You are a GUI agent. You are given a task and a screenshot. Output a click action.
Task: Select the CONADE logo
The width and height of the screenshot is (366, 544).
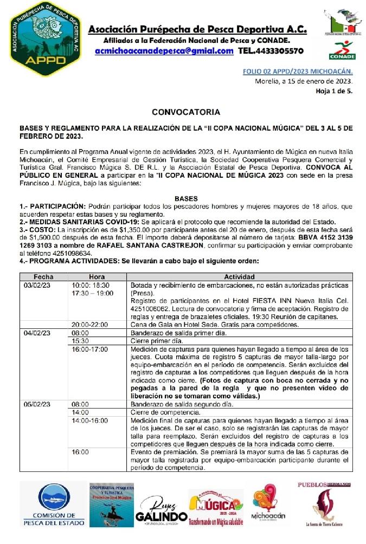point(342,50)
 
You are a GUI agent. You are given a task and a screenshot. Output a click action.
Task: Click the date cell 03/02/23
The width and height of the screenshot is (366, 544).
point(37,285)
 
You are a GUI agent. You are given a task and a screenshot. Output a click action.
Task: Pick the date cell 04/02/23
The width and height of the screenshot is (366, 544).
point(37,333)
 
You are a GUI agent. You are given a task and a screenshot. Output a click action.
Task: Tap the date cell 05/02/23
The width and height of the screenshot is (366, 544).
point(37,404)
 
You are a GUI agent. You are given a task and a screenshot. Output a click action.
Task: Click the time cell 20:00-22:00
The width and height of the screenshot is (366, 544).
point(90,325)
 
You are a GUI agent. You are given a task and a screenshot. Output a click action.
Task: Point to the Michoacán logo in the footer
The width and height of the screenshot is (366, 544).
point(268,506)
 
